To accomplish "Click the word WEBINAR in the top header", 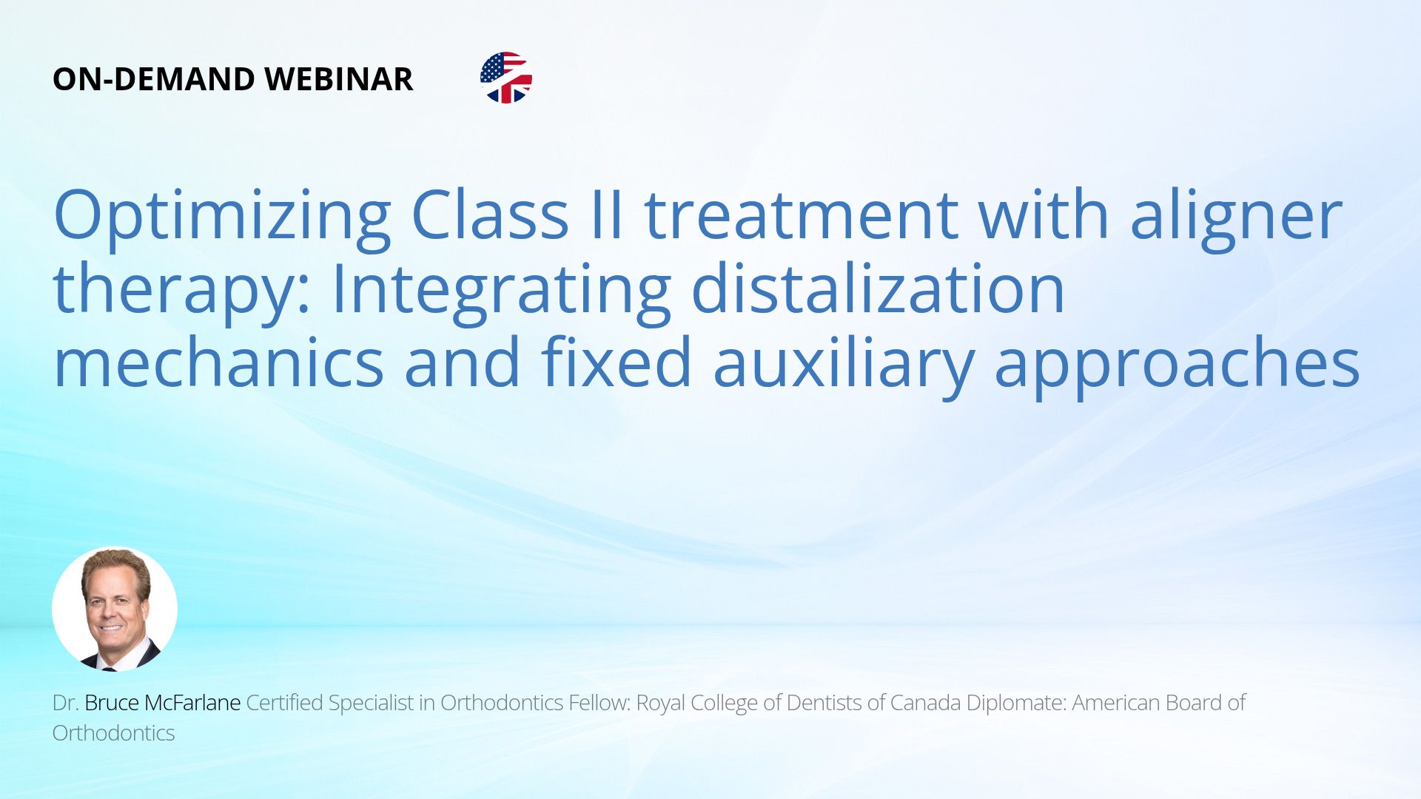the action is click(x=338, y=79).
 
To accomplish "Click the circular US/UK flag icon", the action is click(x=506, y=78).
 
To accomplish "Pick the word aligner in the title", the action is click(x=1236, y=216).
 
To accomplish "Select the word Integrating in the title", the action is click(x=501, y=290).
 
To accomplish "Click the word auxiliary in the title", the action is click(x=843, y=364).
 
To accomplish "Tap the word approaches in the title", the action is click(x=1178, y=364).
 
